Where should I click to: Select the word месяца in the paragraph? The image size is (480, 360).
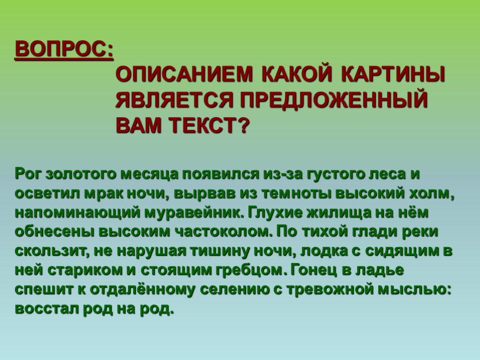click(x=150, y=174)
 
